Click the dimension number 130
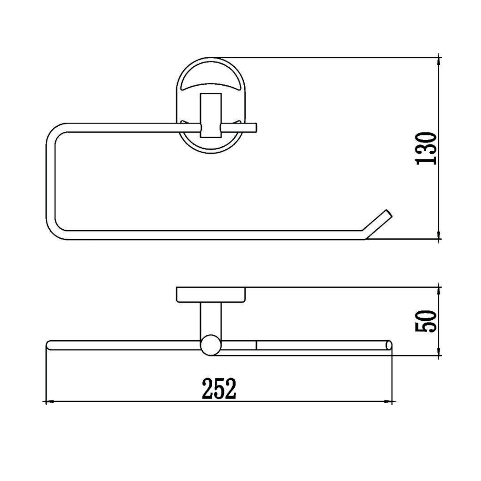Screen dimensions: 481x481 [x=426, y=148]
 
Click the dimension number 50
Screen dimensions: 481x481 [x=426, y=321]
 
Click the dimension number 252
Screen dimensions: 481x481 [x=219, y=389]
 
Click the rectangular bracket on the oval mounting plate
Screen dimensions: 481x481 [x=211, y=115]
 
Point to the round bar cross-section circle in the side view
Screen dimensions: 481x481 [x=211, y=345]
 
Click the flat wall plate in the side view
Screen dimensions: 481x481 [x=211, y=294]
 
